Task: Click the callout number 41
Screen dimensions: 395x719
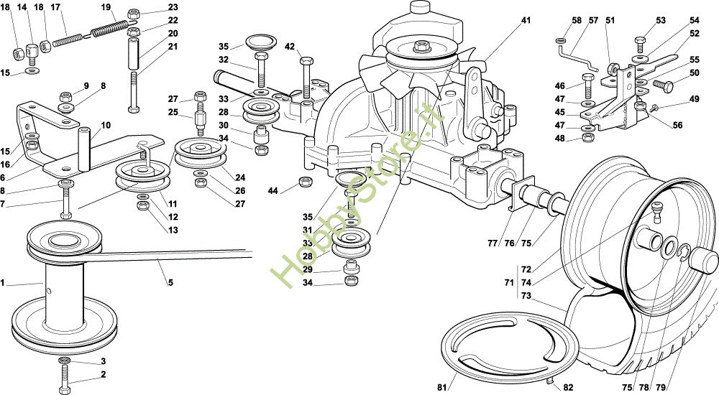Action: (x=526, y=21)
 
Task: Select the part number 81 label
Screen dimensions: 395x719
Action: (x=441, y=387)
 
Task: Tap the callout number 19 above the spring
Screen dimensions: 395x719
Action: (x=106, y=8)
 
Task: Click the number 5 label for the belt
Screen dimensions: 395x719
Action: (x=170, y=282)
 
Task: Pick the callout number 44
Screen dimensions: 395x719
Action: (x=273, y=190)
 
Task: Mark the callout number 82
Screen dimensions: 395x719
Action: (x=568, y=387)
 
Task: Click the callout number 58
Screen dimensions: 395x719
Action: (x=577, y=21)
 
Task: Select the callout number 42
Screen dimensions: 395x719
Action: (x=290, y=47)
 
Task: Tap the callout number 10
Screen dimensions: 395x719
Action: (x=106, y=125)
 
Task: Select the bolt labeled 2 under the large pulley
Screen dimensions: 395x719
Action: (x=64, y=375)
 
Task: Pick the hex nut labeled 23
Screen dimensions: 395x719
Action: (x=133, y=14)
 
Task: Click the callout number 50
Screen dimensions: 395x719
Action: (x=694, y=73)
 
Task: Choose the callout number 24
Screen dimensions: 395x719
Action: (x=239, y=177)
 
